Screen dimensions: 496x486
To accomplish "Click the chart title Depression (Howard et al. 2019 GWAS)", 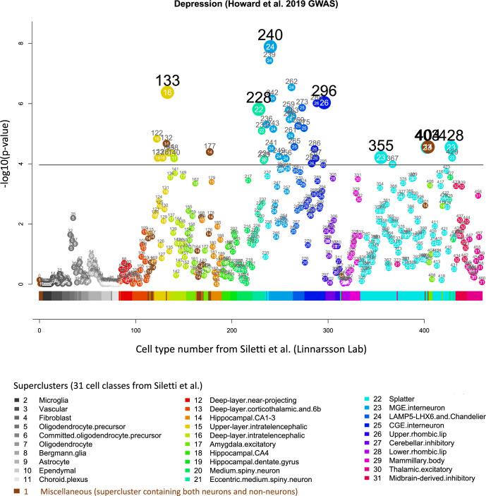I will click(242, 6).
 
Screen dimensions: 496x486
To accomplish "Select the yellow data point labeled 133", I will click(167, 92).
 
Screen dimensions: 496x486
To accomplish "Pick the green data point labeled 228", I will click(259, 109).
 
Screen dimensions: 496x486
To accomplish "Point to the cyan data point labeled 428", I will click(451, 147).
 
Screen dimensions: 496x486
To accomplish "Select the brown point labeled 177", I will click(210, 151).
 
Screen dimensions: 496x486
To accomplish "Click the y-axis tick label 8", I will click(22, 43).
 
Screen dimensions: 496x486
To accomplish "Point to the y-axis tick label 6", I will click(22, 104).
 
